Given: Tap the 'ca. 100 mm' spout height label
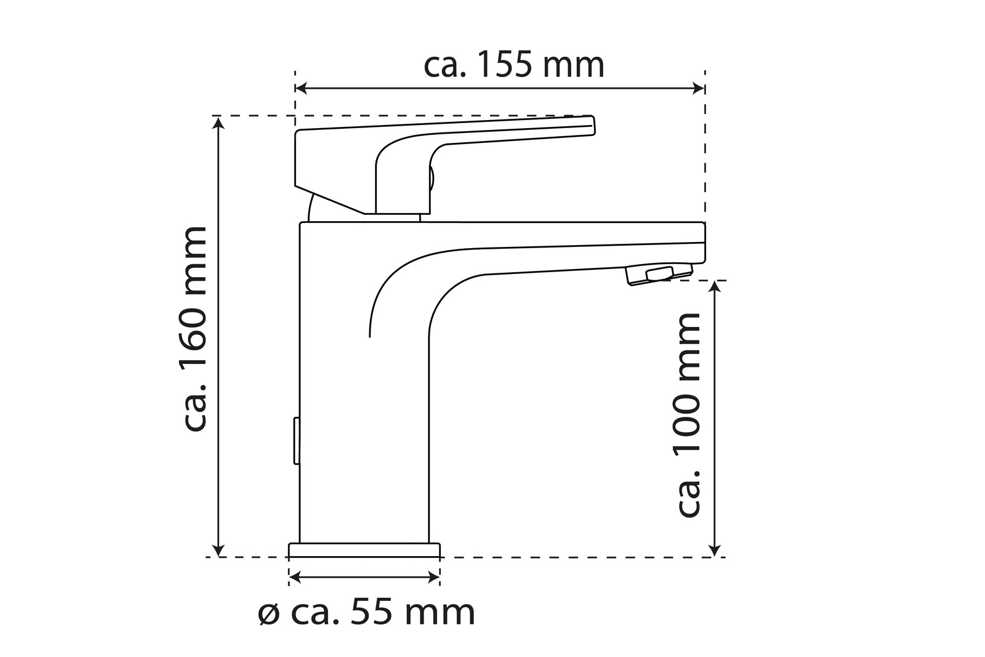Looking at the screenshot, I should (688, 414).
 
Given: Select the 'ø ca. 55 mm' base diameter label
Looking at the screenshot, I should (366, 612).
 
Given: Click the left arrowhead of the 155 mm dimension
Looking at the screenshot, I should (301, 89).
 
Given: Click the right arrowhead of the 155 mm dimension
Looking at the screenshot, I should (699, 89).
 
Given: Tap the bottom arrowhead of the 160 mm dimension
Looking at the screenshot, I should (219, 550).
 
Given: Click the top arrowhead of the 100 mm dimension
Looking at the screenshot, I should (715, 286).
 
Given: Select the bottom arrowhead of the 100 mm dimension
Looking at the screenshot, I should (715, 550).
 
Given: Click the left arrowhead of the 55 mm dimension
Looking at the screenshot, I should (294, 577).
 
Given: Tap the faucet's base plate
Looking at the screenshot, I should (364, 549).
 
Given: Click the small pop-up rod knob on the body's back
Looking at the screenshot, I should (296, 441).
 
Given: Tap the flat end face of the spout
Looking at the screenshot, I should (702, 242).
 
